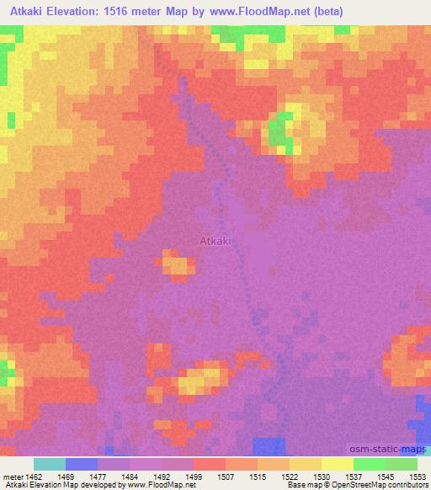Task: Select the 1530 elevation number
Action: click(322, 476)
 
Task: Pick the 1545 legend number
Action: click(386, 476)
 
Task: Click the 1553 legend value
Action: click(418, 476)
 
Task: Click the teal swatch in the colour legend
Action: click(49, 464)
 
